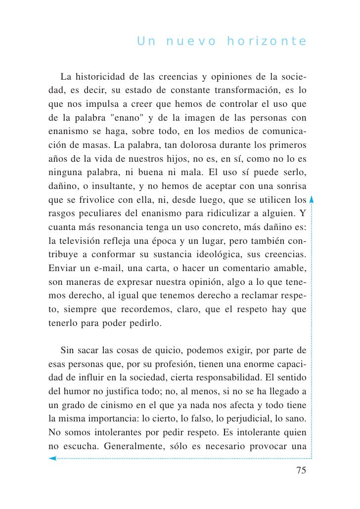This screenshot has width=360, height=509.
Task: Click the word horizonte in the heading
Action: [267, 41]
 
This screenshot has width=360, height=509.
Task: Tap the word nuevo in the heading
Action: [191, 41]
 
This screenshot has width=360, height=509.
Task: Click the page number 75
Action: [301, 470]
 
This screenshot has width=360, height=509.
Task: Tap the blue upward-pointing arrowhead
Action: [312, 199]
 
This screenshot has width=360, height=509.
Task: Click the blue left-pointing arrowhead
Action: [52, 459]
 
